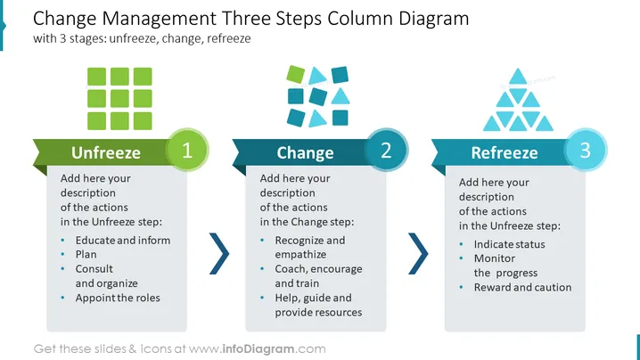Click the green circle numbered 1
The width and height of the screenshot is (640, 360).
click(x=187, y=150)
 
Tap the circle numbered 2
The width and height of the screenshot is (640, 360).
click(x=386, y=150)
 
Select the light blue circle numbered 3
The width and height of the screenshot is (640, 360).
click(x=586, y=150)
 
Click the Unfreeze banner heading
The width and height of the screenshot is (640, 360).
click(x=106, y=152)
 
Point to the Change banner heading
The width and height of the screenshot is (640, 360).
click(x=305, y=153)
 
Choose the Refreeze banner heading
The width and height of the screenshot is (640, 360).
click(x=505, y=152)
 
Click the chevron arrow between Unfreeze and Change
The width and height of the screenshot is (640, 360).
click(x=219, y=253)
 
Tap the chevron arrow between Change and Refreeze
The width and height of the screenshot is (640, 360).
click(x=418, y=253)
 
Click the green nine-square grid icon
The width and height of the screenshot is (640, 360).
click(x=119, y=99)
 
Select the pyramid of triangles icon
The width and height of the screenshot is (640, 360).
click(x=518, y=100)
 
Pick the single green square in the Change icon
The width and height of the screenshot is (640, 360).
click(x=296, y=74)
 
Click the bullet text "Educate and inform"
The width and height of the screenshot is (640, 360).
click(x=123, y=241)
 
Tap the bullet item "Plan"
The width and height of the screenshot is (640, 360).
click(x=86, y=254)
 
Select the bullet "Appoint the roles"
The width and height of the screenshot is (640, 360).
click(x=118, y=298)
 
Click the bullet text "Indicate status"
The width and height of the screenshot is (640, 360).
click(x=509, y=244)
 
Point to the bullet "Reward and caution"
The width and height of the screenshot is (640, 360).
click(x=523, y=287)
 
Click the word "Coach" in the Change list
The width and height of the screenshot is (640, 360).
click(x=291, y=269)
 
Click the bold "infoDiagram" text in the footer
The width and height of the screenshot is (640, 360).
click(x=258, y=349)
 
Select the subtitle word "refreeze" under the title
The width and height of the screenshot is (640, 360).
click(x=228, y=39)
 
